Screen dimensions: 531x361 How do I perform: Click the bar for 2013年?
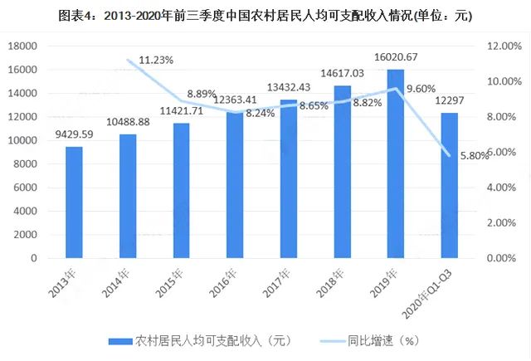(74, 202)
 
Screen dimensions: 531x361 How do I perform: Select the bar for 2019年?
(396, 163)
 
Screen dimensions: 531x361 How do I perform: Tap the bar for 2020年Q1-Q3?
(450, 186)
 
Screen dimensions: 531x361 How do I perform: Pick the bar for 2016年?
(235, 185)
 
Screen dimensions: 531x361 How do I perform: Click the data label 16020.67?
(396, 57)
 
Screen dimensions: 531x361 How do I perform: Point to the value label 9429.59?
(74, 134)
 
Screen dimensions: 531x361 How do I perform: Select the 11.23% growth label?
(156, 61)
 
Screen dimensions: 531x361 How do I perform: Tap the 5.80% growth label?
(475, 156)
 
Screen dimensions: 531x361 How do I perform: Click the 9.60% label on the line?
(421, 89)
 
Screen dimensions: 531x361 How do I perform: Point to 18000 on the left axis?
(22, 46)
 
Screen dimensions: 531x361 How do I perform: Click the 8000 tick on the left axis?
(25, 164)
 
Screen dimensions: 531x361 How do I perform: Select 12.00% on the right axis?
(504, 46)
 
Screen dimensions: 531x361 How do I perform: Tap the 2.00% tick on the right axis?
(501, 223)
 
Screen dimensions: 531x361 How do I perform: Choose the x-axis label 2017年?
(276, 283)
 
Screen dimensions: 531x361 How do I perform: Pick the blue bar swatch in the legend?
(120, 341)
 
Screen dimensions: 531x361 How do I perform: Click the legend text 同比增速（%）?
(383, 341)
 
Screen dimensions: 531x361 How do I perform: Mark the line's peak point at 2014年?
(128, 60)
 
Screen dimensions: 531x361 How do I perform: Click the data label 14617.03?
(343, 73)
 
